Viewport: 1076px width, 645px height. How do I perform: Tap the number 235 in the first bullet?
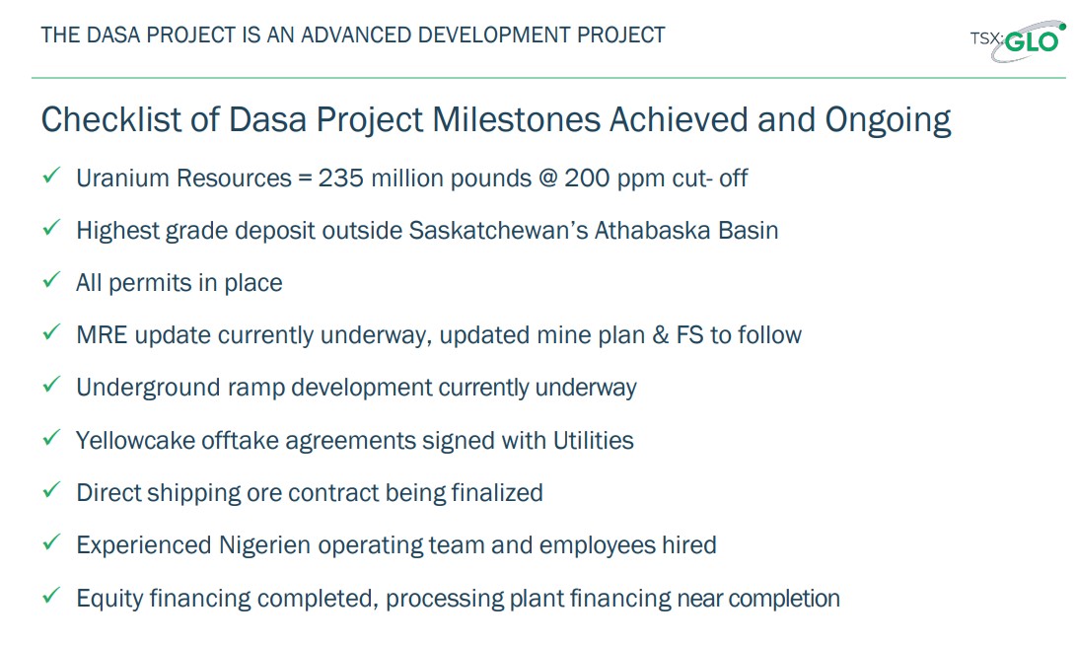pos(340,178)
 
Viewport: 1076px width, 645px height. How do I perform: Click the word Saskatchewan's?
pos(499,230)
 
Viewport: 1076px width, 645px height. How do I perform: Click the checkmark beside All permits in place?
pos(51,280)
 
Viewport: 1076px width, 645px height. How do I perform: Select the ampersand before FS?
pos(661,335)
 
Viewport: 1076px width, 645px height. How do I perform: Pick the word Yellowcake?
pos(136,440)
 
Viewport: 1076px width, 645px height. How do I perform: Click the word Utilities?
pos(594,440)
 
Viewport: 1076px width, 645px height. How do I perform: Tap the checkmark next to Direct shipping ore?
pos(51,490)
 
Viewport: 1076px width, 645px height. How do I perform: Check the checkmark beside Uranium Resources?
pos(51,175)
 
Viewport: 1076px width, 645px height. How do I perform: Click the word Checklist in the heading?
pos(112,119)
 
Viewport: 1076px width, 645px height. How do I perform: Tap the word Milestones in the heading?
pos(516,119)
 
